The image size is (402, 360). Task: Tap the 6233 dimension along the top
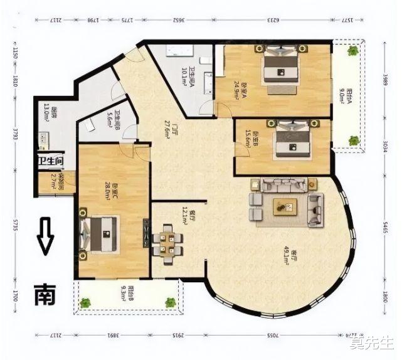point(273,21)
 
